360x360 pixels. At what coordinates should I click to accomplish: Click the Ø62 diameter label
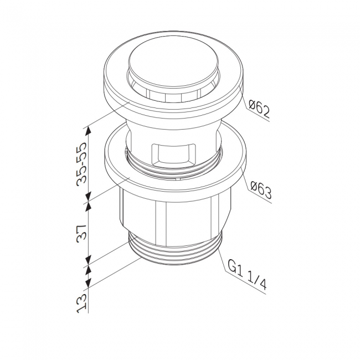(x=259, y=109)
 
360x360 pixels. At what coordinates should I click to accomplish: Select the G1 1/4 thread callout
(x=247, y=276)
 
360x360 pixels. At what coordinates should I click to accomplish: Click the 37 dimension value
(x=82, y=232)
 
